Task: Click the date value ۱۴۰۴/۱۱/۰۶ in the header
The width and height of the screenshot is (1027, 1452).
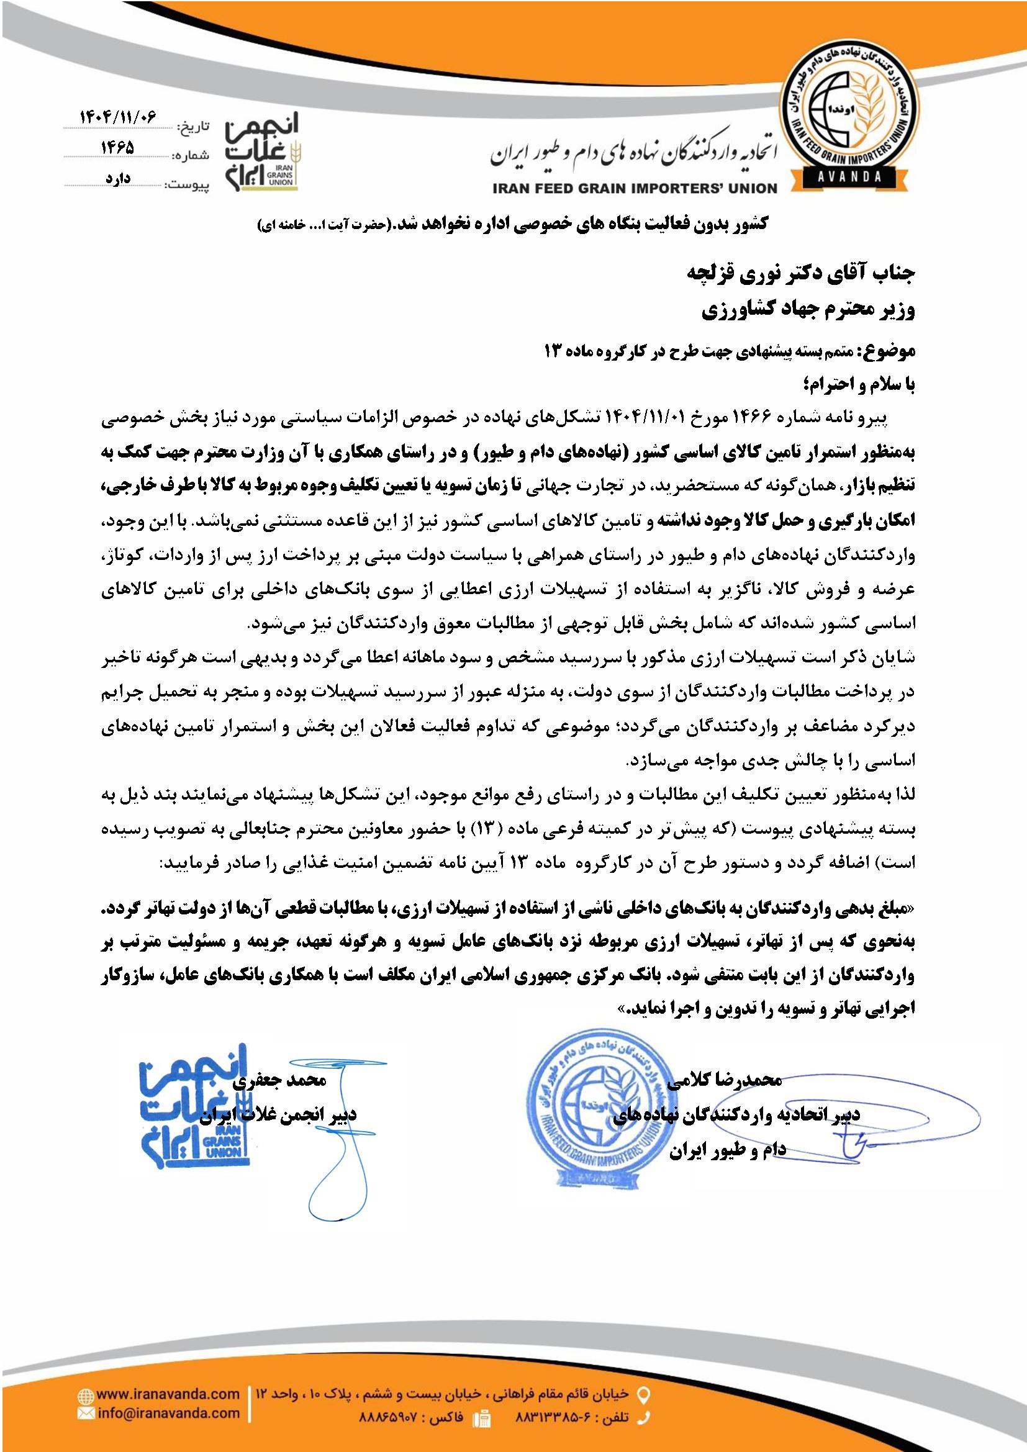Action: point(118,117)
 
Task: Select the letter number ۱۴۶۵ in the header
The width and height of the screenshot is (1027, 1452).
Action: point(118,147)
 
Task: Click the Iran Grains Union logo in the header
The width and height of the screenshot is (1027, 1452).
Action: point(261,151)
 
